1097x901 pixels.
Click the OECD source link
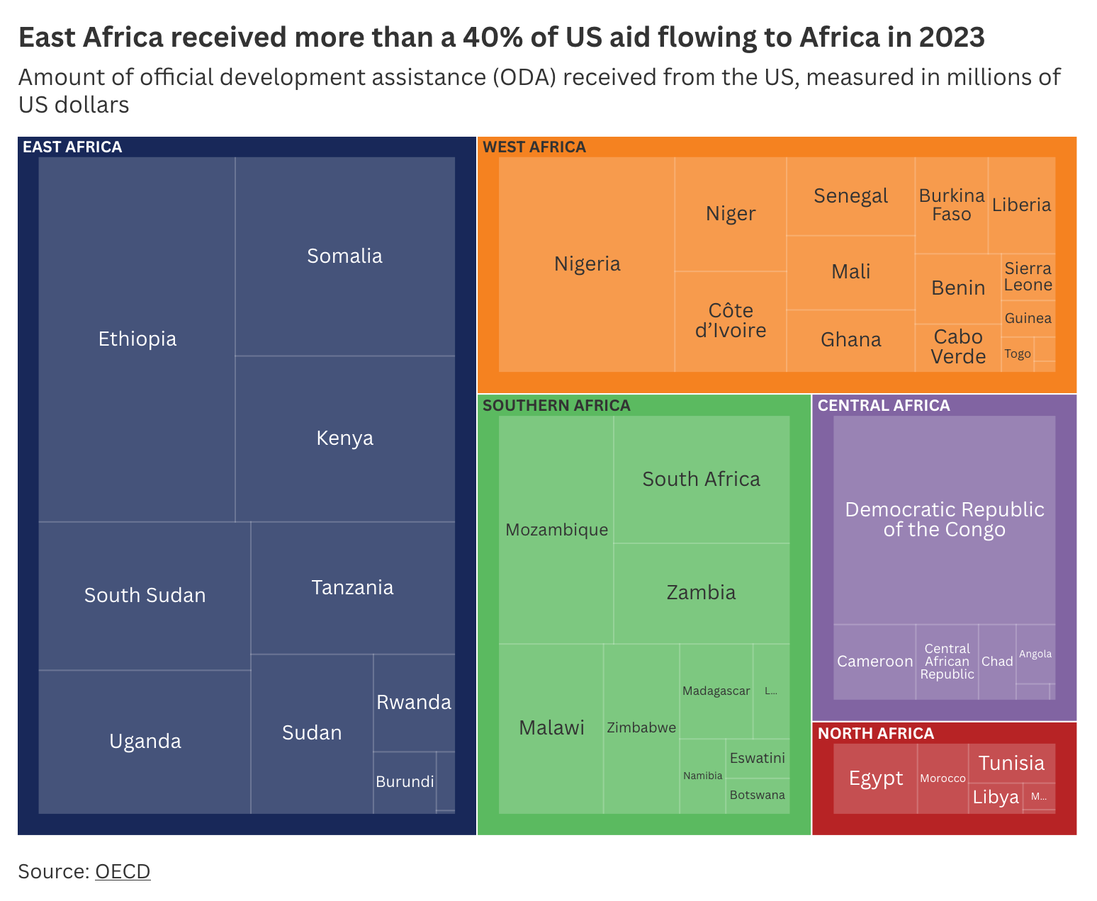tap(123, 871)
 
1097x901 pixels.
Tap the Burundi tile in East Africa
tap(405, 782)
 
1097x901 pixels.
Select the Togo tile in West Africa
tap(1018, 354)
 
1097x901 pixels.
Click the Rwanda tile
tap(414, 703)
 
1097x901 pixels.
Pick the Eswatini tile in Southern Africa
tap(758, 759)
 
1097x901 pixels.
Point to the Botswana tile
tap(758, 795)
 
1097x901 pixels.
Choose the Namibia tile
tap(702, 776)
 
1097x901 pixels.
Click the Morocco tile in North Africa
tap(943, 778)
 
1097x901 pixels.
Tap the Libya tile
tap(996, 798)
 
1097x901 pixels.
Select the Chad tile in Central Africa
tap(997, 662)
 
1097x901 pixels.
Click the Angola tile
tap(1035, 654)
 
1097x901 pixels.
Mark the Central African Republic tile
tap(947, 662)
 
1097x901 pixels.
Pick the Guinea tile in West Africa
tap(1028, 319)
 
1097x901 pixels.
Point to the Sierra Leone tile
tap(1028, 277)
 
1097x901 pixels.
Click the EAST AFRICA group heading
tap(72, 147)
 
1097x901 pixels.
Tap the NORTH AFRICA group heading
tap(876, 734)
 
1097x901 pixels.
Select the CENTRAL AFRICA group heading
tap(884, 406)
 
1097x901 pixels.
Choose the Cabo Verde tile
tap(958, 347)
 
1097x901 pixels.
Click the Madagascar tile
tap(716, 691)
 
